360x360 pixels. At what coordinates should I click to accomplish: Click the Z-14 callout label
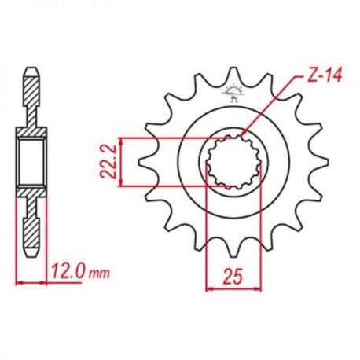click(x=324, y=75)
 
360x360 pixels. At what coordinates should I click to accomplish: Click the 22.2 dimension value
click(x=108, y=162)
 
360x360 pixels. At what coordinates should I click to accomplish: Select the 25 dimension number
click(x=233, y=277)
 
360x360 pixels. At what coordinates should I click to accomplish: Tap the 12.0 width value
click(x=68, y=271)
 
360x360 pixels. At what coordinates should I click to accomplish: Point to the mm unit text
click(x=99, y=274)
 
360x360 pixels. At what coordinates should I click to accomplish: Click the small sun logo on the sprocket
click(x=232, y=93)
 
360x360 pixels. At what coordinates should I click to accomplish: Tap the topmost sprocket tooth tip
click(x=233, y=68)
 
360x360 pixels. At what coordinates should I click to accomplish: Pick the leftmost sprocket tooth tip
click(x=139, y=162)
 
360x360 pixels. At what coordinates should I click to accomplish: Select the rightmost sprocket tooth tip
click(x=328, y=162)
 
